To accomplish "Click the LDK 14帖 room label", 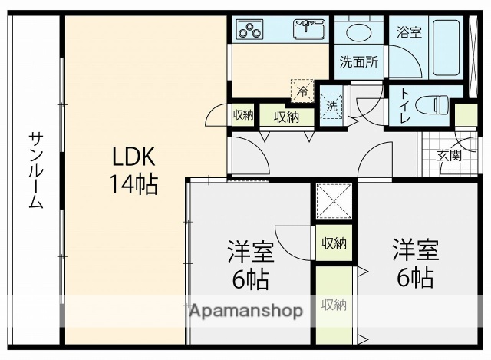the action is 133,170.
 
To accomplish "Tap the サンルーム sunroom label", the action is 36,170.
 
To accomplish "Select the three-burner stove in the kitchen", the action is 249,29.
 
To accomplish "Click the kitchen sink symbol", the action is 309,29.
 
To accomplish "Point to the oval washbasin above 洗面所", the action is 359,32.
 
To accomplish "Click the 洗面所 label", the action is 359,62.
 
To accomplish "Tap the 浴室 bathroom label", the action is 409,32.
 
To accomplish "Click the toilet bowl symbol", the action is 432,105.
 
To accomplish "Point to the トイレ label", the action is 404,106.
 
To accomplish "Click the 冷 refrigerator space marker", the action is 302,91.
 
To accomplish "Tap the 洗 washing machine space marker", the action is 331,106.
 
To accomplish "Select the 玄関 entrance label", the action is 450,155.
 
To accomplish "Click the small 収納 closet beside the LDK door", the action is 243,115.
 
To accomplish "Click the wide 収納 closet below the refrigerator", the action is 286,117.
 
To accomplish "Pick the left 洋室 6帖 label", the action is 251,265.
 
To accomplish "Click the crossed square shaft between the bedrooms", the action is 334,201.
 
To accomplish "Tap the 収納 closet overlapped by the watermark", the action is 334,305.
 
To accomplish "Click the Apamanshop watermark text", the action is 246,311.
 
